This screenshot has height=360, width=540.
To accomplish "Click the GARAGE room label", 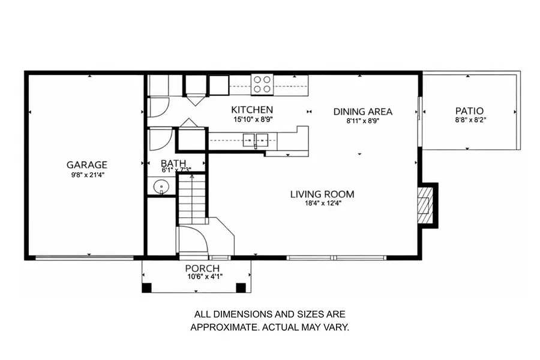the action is coord(87,164).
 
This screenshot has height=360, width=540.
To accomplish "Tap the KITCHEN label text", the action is coord(252,110).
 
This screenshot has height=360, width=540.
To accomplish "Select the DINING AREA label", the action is coord(362,112).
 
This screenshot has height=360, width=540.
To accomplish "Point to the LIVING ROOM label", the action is coord(322,194).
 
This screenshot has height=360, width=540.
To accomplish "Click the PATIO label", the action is coord(469,111).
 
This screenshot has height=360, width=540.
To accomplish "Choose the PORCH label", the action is coord(202,268).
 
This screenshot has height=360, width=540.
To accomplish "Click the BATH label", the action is coord(173,163).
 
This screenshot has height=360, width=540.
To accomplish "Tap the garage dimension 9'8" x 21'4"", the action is coord(88,175).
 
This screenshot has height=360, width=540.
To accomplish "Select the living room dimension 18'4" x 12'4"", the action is coord(323,203).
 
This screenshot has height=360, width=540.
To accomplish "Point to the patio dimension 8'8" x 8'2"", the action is coord(470,120).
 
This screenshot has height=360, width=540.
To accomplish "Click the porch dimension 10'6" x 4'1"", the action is coord(205,277).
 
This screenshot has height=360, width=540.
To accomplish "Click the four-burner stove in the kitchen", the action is coord(262,85).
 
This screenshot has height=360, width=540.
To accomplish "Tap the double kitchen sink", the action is coord(255,140).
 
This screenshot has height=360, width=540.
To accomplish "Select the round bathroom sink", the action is coord(161,187).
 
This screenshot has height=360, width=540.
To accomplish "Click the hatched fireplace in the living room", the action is coord(424,205).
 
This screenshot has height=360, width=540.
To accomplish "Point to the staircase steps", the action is coord(192,200).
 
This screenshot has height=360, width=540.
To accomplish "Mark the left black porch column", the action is coord(147,287).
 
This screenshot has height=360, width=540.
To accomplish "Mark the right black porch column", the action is coord(241,287).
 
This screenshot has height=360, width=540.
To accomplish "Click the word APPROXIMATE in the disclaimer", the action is coord(225,327).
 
